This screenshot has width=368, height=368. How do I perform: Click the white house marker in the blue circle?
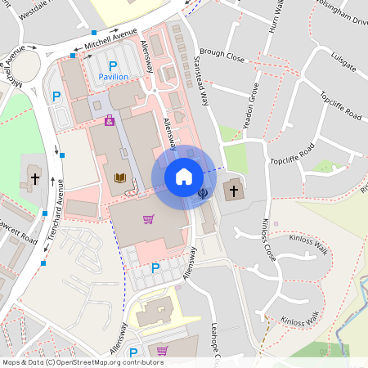click(184, 177)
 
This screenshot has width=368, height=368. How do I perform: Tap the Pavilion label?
click(114, 76)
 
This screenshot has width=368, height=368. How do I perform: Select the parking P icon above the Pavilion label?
click(114, 64)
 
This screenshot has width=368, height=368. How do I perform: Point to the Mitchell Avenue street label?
click(113, 38)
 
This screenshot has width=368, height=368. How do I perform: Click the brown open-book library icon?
click(119, 177)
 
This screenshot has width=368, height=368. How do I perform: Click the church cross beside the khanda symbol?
click(232, 191)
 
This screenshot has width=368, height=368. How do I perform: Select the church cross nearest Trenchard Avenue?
click(35, 177)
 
